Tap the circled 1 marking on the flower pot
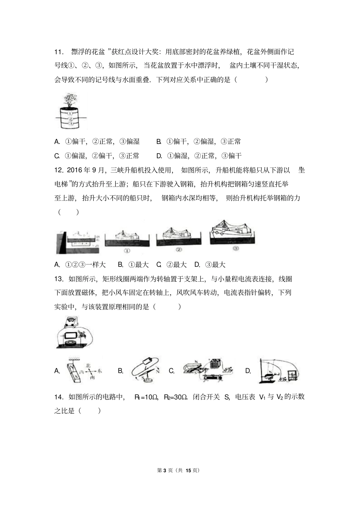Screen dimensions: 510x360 [70, 113]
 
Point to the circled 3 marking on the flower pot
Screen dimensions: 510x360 [70, 123]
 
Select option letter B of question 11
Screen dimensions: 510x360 [159, 142]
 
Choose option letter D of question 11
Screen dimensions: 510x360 [159, 156]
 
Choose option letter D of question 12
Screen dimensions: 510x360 [197, 265]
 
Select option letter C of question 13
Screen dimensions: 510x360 [171, 371]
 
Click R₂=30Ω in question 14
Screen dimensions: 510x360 [176, 397]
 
